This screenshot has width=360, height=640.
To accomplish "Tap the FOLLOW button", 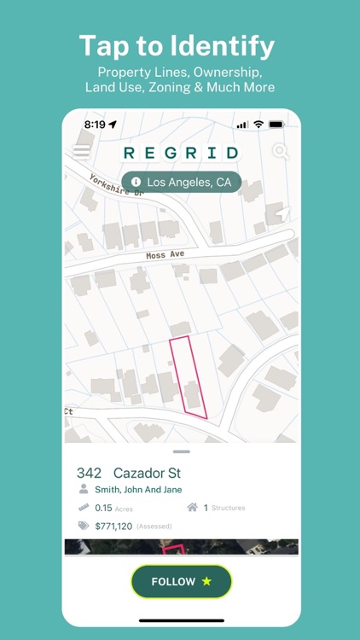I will [x=181, y=581].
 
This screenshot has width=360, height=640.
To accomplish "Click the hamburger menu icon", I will [x=81, y=152].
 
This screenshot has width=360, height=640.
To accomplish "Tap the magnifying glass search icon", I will [x=280, y=152].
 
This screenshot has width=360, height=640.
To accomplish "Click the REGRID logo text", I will [x=181, y=153].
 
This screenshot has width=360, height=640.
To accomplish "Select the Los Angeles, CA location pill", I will [x=181, y=182].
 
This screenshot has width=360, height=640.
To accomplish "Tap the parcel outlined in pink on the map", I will [x=188, y=375].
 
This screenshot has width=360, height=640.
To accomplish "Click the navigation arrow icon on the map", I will [x=282, y=213].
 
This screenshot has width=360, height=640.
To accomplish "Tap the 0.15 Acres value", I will [x=113, y=508].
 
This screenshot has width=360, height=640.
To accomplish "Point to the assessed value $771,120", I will [x=113, y=527].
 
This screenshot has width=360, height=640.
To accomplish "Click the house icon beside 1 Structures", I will [x=192, y=508].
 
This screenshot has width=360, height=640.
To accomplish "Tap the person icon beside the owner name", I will [x=84, y=490].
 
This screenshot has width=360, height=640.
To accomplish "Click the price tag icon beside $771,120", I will [x=84, y=527].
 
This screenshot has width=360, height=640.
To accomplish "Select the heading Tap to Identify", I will [x=179, y=44].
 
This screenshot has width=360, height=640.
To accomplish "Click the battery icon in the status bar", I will [x=276, y=125].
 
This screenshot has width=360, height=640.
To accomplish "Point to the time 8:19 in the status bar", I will [x=94, y=125].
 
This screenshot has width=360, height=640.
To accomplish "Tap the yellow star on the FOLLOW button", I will [x=206, y=581].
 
